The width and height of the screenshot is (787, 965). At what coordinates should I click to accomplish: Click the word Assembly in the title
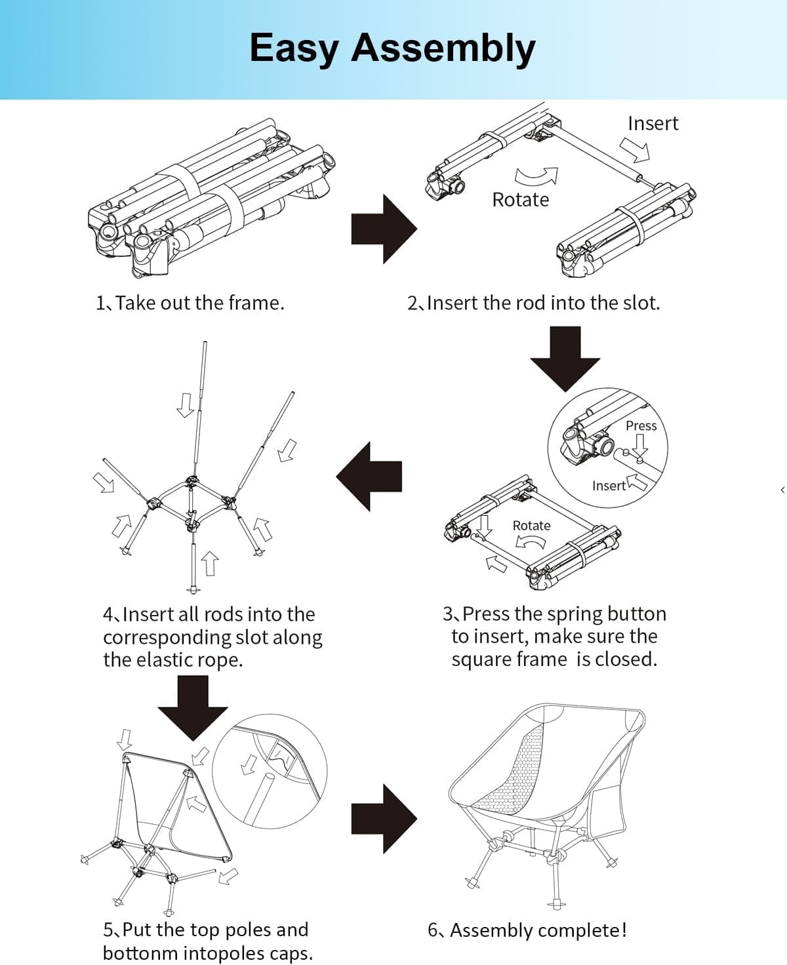click(443, 49)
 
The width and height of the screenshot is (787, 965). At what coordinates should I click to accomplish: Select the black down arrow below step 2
click(565, 358)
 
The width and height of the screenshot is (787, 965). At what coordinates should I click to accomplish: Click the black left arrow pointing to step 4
click(369, 476)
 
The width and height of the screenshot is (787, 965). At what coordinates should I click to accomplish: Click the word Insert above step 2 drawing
click(653, 123)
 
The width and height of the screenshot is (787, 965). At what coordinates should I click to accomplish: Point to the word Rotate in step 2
click(520, 199)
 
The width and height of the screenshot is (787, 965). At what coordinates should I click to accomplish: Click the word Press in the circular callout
click(641, 425)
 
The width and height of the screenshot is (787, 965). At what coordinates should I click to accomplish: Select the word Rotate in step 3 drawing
click(531, 525)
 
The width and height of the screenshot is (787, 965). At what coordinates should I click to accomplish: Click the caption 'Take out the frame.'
click(199, 303)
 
